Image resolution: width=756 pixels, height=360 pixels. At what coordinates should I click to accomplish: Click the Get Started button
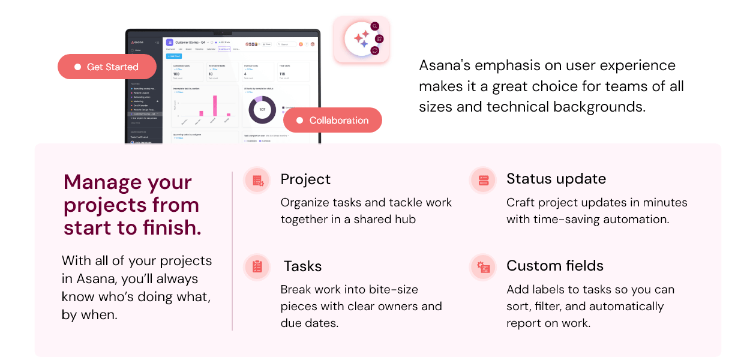[107, 67]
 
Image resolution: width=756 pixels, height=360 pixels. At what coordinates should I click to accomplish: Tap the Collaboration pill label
[338, 121]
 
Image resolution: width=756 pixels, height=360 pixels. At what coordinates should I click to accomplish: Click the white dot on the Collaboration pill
[300, 121]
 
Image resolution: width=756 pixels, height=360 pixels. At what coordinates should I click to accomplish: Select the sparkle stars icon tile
[361, 39]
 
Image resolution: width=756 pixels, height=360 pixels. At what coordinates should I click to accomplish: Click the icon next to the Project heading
[258, 180]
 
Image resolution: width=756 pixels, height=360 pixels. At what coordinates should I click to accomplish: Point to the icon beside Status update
[484, 180]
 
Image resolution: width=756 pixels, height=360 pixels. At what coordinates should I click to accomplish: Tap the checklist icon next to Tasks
[258, 267]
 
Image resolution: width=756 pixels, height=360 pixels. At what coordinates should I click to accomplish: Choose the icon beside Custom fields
[484, 267]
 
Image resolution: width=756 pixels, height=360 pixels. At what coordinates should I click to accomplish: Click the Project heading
[305, 179]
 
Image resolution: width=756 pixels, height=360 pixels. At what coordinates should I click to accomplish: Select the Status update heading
[556, 179]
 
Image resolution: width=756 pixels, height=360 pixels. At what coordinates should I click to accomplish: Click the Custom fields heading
[555, 266]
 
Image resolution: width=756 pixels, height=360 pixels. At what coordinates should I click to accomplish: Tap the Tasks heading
[302, 266]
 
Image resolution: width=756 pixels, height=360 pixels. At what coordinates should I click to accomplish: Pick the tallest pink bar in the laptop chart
[215, 105]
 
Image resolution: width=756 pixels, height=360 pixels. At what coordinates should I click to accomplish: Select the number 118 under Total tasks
[282, 74]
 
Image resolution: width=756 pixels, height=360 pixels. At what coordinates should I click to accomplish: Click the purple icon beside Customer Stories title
[170, 43]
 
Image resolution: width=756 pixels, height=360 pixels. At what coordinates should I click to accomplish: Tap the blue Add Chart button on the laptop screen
[173, 56]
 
